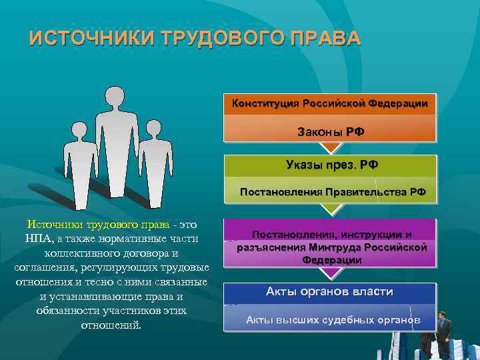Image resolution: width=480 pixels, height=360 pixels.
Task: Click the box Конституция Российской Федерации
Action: (330, 103)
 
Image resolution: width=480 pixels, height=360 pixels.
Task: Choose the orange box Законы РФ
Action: (330, 132)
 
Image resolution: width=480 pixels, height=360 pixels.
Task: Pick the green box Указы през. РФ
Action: (330, 165)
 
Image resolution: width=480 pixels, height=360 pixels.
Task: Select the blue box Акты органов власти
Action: (330, 292)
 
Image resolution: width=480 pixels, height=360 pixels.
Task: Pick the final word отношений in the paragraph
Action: (111, 325)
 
